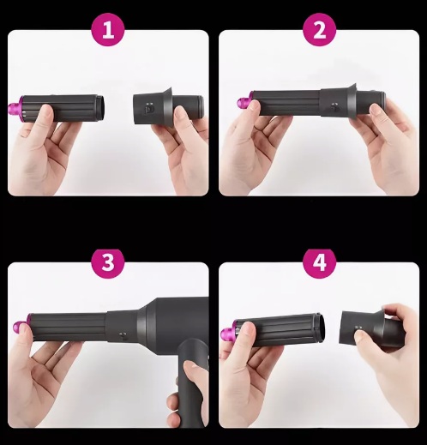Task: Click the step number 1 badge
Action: [108, 29]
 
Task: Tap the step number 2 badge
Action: [319, 29]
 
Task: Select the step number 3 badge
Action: [108, 262]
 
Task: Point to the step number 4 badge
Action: [319, 262]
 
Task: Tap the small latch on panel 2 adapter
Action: [334, 106]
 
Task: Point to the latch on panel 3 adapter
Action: [123, 334]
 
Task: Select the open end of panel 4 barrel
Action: [321, 328]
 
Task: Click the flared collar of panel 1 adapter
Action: [167, 107]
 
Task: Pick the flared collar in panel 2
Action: [352, 100]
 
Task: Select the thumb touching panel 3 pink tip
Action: [24, 331]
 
